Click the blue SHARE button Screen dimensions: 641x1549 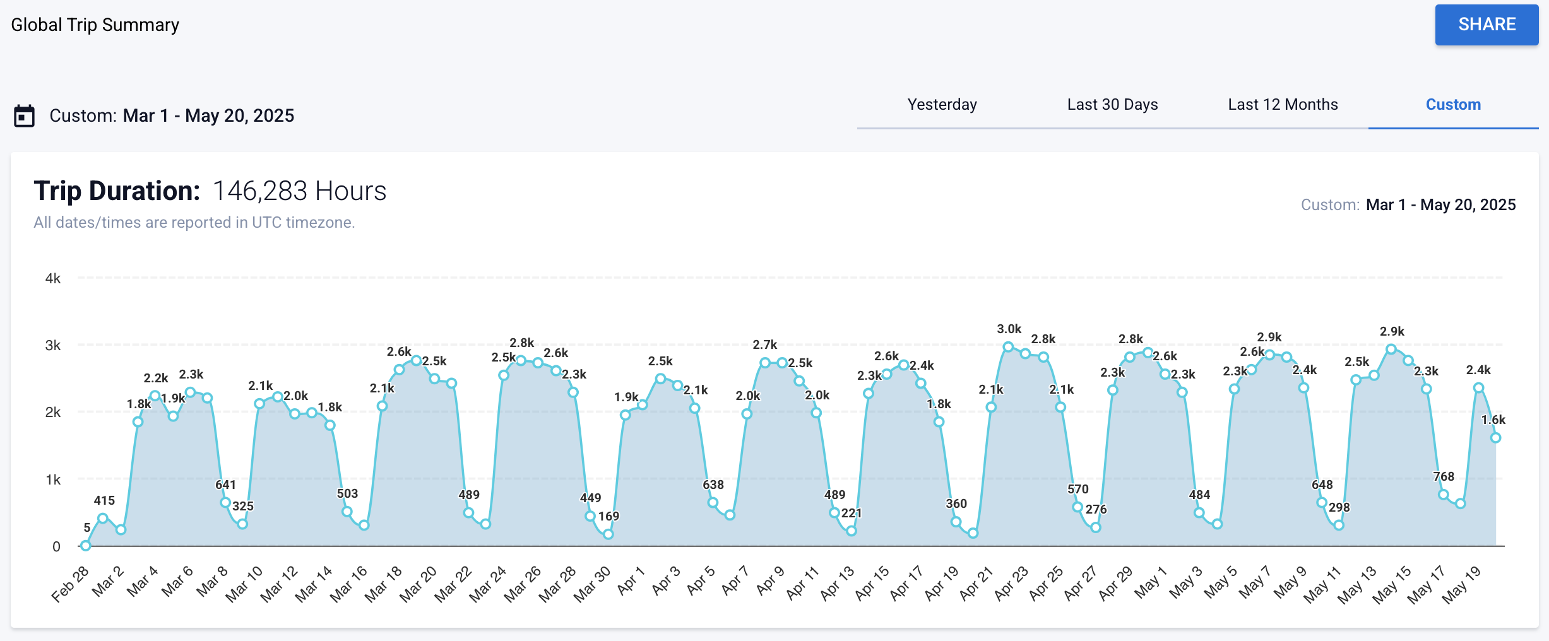coord(1486,25)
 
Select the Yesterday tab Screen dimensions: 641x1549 coord(942,105)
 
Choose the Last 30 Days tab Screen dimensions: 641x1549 coord(1112,105)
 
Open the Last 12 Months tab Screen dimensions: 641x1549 coord(1283,105)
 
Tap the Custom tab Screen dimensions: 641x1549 coord(1452,105)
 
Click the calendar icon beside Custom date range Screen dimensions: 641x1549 coord(24,116)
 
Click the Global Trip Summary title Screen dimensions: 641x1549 coord(95,25)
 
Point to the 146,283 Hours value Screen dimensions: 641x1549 coord(299,191)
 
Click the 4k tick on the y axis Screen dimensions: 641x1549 coord(53,278)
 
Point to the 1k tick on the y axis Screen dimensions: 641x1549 coord(53,479)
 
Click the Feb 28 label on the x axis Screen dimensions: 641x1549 coord(70,584)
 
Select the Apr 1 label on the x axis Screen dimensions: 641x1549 coord(631,580)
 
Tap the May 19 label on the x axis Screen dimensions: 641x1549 coord(1461,584)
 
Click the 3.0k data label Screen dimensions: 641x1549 coord(1009,329)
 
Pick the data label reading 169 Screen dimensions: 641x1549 coord(608,516)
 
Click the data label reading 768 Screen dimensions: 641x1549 coord(1443,476)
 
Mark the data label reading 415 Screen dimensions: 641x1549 coord(104,500)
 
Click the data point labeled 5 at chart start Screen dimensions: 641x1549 coord(86,546)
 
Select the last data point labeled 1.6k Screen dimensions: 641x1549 coord(1495,437)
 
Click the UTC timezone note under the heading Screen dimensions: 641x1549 coord(194,223)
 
